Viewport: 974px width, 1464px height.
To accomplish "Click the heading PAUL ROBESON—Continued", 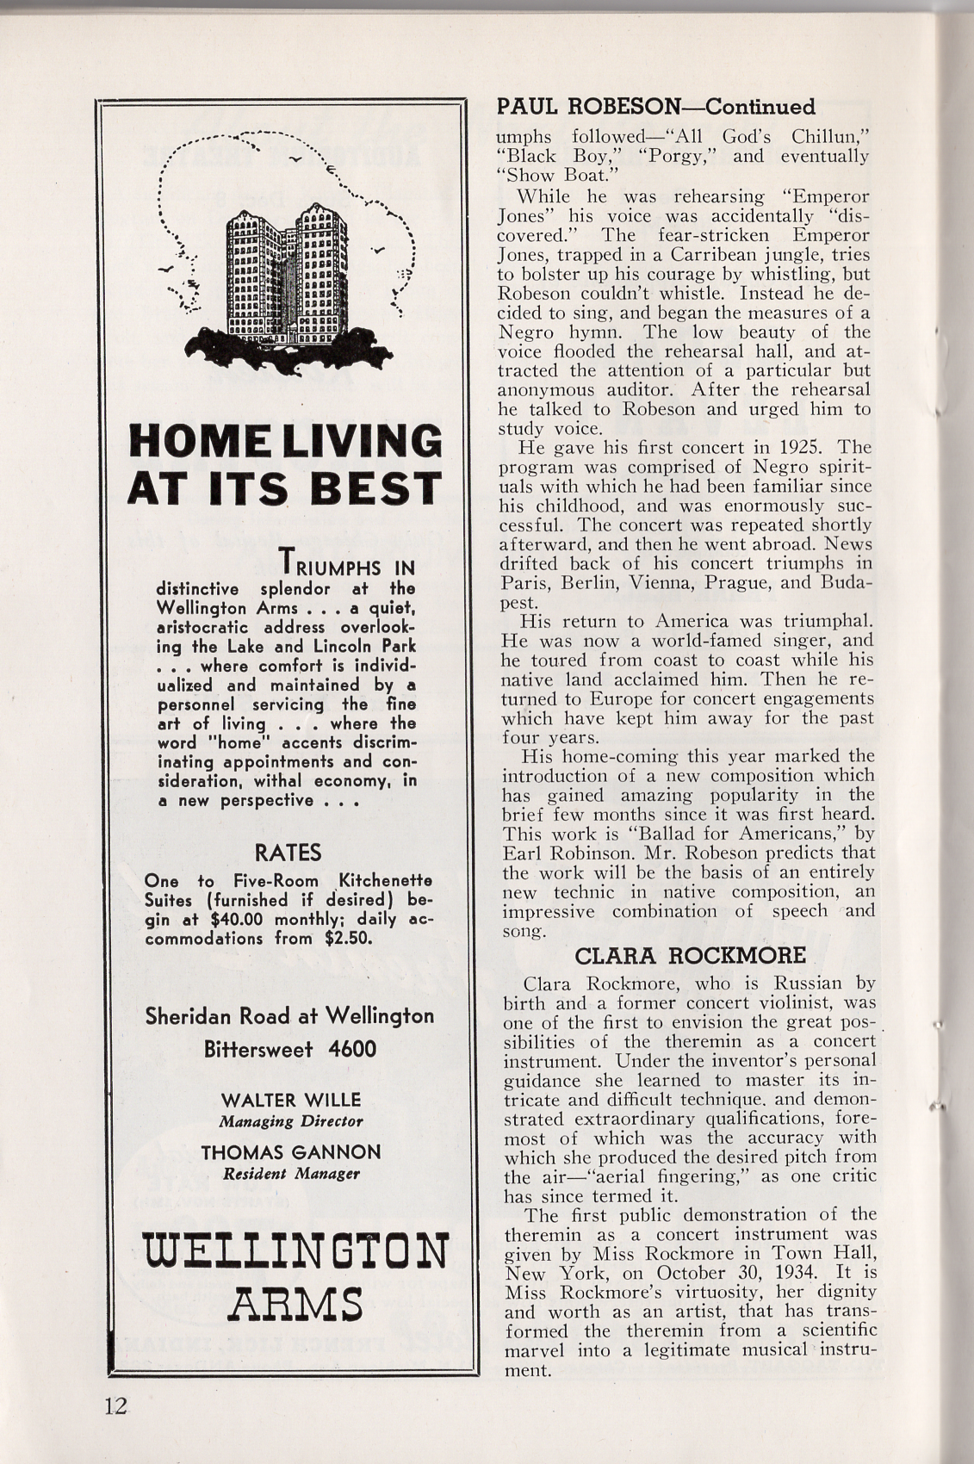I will click(x=656, y=107).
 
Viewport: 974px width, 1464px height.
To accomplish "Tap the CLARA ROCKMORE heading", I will click(x=690, y=955).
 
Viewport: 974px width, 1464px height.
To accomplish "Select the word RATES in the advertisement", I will click(x=288, y=853).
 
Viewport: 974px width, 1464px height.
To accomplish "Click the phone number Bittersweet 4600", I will click(x=290, y=1049).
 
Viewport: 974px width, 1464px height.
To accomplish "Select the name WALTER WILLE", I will click(x=290, y=1100).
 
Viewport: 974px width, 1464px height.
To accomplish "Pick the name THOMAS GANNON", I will click(x=290, y=1152).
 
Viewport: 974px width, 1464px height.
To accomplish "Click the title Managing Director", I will click(x=290, y=1121).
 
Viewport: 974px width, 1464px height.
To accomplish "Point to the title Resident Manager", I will click(x=290, y=1173).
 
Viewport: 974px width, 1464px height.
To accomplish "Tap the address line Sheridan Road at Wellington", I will click(x=290, y=1016).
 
